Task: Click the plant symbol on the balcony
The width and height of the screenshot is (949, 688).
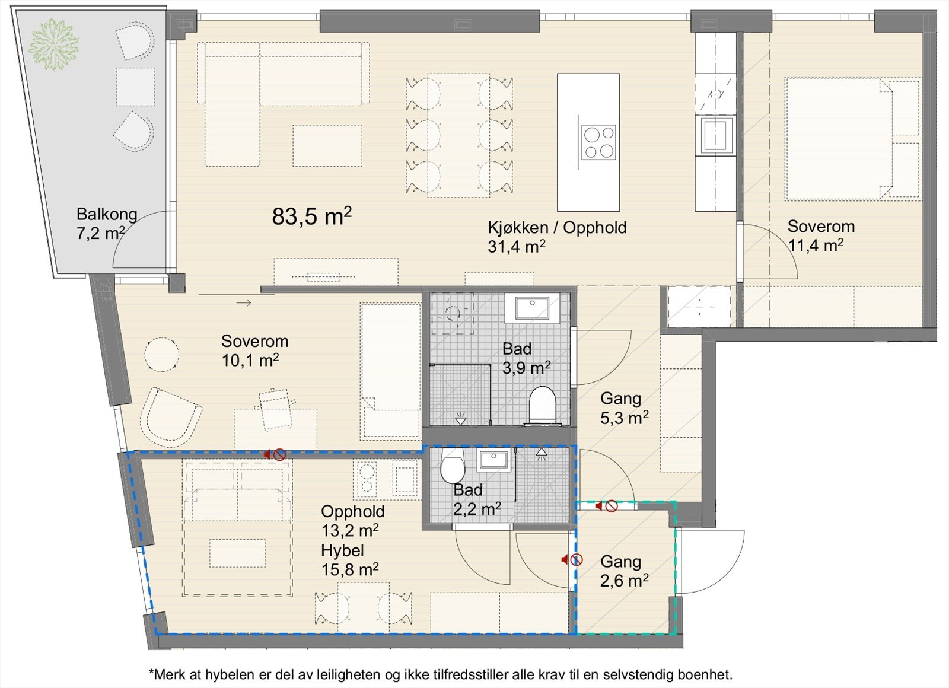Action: pyautogui.click(x=53, y=44)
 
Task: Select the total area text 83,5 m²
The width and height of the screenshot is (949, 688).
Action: pyautogui.click(x=312, y=216)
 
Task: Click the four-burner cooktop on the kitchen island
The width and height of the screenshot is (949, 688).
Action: pyautogui.click(x=598, y=142)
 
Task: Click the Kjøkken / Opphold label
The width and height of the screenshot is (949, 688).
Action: pyautogui.click(x=557, y=228)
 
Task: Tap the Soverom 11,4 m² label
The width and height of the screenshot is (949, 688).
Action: pyautogui.click(x=821, y=235)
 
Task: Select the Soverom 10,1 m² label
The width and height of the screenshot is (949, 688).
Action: pyautogui.click(x=254, y=351)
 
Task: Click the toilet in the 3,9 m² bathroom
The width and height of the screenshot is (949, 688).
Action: pyautogui.click(x=542, y=404)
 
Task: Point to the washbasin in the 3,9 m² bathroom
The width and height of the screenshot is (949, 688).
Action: pyautogui.click(x=532, y=308)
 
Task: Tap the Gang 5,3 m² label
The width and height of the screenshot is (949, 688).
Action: pyautogui.click(x=624, y=408)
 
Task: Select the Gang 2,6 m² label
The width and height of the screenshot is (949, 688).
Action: pyautogui.click(x=624, y=571)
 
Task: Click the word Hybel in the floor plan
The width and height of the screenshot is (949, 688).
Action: pyautogui.click(x=342, y=550)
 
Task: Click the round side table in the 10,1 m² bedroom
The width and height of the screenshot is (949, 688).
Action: pyautogui.click(x=161, y=354)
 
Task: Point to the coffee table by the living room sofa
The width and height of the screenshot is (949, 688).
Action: pyautogui.click(x=327, y=145)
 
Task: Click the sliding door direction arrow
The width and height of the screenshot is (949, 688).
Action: pyautogui.click(x=244, y=303)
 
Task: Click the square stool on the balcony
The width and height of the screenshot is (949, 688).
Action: pyautogui.click(x=136, y=87)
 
